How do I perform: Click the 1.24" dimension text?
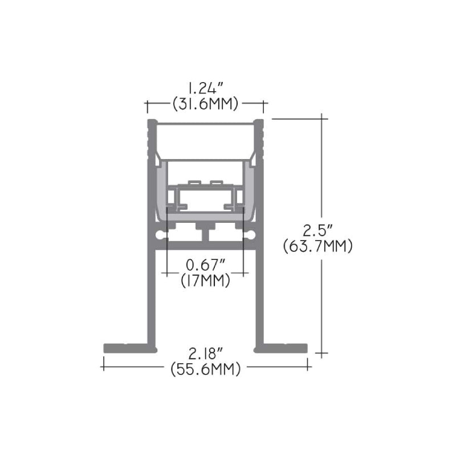pos(205,88)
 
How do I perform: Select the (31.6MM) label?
pos(205,104)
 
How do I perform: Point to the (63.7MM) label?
pos(318,246)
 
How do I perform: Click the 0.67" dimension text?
pos(206,264)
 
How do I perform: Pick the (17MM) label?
pos(205,280)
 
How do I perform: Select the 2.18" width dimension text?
pos(206,354)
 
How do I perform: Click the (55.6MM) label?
pos(206,369)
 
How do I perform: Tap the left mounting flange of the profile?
pos(131,348)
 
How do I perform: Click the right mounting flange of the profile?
pos(280,348)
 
